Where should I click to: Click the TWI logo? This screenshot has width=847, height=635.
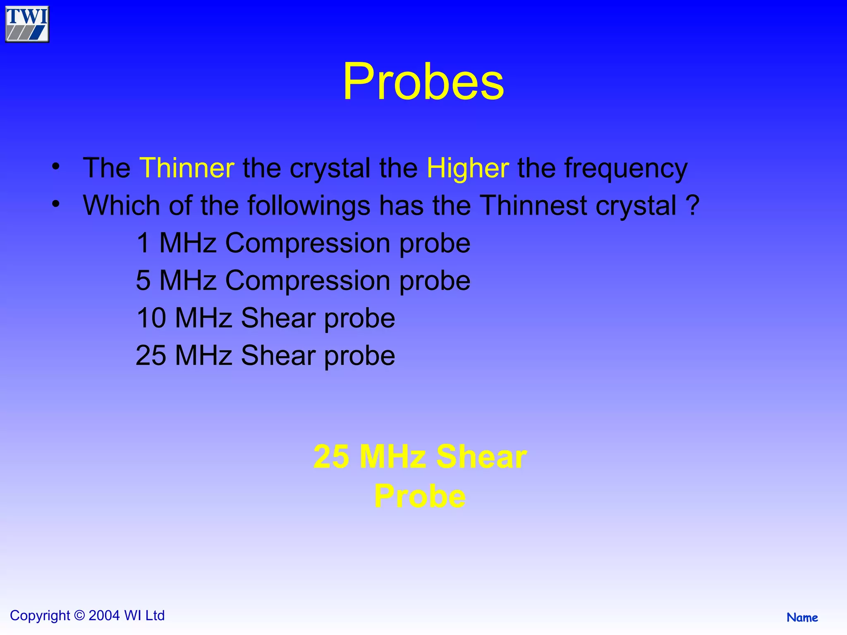tap(27, 24)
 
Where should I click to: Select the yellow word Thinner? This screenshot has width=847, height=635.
tap(187, 168)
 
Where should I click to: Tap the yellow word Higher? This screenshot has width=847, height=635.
tap(467, 168)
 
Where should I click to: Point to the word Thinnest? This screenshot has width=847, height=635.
tap(534, 205)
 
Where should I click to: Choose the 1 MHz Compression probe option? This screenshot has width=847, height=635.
tap(303, 243)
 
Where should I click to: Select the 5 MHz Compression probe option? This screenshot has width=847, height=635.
tap(303, 280)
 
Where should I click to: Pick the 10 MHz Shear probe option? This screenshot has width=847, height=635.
tap(265, 318)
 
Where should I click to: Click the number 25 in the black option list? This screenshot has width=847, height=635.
tap(151, 355)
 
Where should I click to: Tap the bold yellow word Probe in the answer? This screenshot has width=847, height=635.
tap(420, 496)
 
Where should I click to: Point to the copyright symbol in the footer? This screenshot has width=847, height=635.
tap(79, 616)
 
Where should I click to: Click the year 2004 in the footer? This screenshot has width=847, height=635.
tap(104, 616)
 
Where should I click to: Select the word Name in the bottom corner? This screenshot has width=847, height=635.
tap(802, 618)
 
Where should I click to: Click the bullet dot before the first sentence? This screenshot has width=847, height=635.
tap(56, 167)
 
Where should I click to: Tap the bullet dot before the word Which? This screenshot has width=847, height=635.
tap(56, 204)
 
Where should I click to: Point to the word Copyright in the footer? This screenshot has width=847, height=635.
tap(40, 616)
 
